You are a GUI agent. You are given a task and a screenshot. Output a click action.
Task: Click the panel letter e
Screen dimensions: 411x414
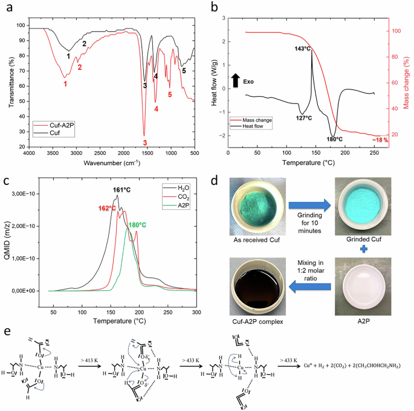pos(8,334)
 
